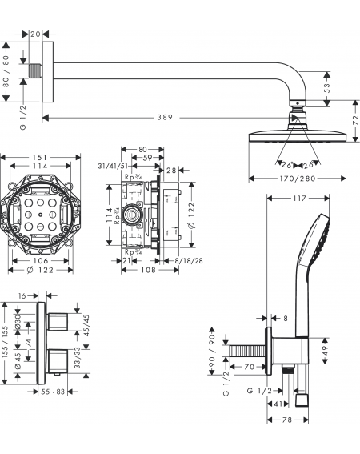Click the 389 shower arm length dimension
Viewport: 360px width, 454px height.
click(165, 117)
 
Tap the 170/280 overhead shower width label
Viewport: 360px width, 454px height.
click(298, 179)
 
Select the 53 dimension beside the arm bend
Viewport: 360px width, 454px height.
click(326, 88)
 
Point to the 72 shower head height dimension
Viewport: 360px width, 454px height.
click(356, 120)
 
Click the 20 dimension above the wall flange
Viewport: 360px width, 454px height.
click(35, 34)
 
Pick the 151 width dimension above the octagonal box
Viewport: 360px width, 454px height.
click(40, 158)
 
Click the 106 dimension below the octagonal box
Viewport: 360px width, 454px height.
click(41, 260)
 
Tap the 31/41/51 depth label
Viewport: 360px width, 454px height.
click(113, 167)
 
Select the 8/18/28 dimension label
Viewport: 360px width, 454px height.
click(189, 261)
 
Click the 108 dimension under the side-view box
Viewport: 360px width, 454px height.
click(149, 270)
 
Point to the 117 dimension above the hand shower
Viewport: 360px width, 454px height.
click(299, 199)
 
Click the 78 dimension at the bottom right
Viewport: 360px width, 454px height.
click(286, 420)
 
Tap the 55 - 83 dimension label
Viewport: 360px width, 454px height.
click(53, 392)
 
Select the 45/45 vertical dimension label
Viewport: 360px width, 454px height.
click(86, 324)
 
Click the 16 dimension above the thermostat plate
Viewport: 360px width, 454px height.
click(22, 296)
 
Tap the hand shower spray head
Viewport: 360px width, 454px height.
click(315, 240)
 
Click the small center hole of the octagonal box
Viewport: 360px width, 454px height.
click(40, 215)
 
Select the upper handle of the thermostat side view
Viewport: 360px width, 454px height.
click(58, 322)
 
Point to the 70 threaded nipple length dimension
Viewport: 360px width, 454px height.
click(249, 367)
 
